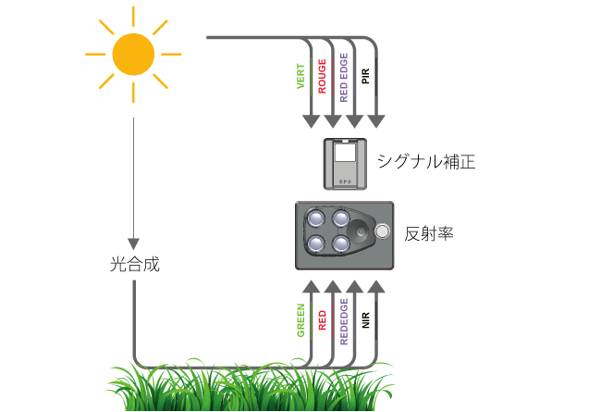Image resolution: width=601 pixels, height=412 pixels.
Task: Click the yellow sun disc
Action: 133,54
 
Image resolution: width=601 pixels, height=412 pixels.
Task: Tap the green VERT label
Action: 300,77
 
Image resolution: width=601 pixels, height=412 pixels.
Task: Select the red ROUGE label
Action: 323,76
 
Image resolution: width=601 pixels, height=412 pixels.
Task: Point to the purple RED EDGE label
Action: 344,78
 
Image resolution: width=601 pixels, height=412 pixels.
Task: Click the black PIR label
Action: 365,76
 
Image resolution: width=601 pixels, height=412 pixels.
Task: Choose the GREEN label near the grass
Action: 300,320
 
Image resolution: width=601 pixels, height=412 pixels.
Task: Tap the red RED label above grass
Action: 323,320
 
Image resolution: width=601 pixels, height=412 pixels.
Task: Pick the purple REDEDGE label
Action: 344,322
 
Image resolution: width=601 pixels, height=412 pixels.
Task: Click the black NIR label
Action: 365,320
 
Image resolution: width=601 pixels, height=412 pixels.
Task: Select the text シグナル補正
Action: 426,162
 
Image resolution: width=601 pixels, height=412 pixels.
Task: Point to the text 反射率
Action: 429,233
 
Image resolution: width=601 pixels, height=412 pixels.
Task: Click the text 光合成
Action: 135,264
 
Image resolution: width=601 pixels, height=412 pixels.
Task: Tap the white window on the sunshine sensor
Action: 345,152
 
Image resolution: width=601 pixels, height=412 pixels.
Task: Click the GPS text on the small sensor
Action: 345,181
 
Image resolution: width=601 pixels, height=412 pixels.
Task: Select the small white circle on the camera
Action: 382,231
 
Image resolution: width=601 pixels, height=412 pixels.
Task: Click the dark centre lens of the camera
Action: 361,231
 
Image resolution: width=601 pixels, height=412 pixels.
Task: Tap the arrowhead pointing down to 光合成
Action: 133,243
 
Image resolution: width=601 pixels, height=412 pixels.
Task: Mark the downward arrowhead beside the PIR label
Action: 376,121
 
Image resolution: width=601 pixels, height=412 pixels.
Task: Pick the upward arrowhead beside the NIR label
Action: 376,287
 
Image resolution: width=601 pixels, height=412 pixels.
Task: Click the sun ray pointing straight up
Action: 133,16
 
